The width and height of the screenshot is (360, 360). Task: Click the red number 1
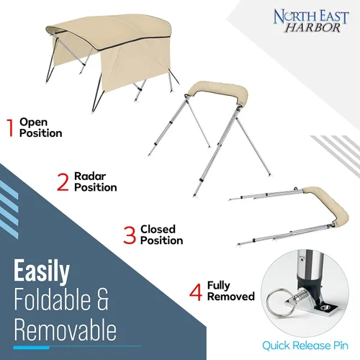pos(11,128)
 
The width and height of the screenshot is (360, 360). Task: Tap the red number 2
pos(63,182)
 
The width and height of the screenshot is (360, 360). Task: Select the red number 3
pos(130,235)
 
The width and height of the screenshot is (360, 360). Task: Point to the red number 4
pos(196,292)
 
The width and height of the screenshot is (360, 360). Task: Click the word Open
pos(33,123)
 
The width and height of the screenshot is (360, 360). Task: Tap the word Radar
pos(90,176)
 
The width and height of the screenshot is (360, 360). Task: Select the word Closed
pos(158,229)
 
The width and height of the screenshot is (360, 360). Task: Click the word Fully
pos(219,286)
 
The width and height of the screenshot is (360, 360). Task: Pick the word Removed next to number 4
pos(231,297)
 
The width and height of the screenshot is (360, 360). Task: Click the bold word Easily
pos(42,271)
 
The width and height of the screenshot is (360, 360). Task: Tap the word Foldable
pos(53,300)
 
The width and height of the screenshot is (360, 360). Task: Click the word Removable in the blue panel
pos(66,330)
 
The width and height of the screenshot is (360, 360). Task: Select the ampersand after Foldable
pos(103,300)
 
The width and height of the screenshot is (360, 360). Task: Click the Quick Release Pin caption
pos(305,346)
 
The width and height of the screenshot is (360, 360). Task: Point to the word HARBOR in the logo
pos(312,28)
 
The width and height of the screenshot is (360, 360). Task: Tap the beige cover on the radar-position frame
pos(218,91)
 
